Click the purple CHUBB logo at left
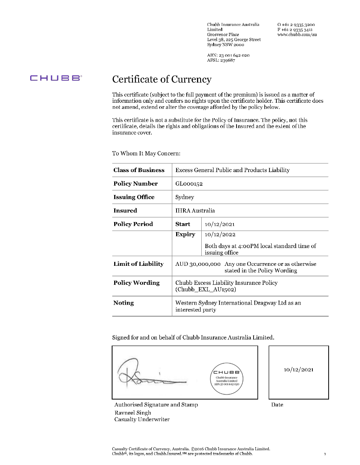(x=56, y=78)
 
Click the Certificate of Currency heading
(x=162, y=79)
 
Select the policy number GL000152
(x=189, y=184)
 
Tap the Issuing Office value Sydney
(x=185, y=197)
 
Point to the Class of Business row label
(x=139, y=170)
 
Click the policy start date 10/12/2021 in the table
(x=219, y=224)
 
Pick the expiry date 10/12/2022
(x=220, y=234)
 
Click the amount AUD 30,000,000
(x=198, y=264)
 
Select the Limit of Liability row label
(x=139, y=264)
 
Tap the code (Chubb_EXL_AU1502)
(x=206, y=289)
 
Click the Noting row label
(x=123, y=303)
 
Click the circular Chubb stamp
(x=228, y=378)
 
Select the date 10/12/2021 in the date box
(x=298, y=370)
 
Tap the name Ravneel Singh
(x=133, y=413)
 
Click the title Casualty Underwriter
(x=142, y=419)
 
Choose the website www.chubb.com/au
(x=297, y=34)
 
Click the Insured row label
(x=125, y=211)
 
